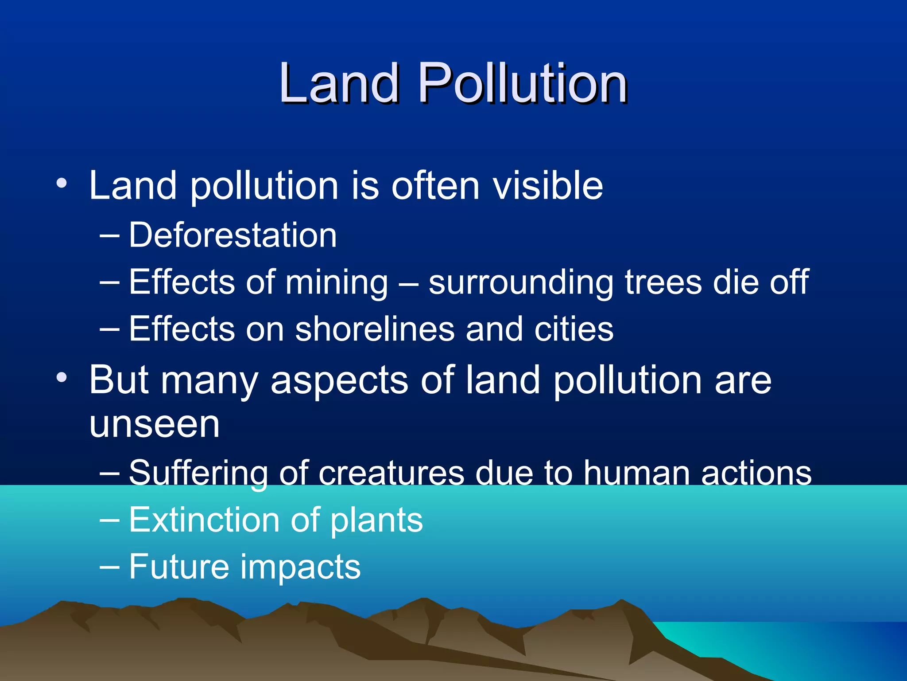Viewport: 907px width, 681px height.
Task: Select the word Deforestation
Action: tap(233, 235)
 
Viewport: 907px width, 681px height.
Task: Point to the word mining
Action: tap(337, 283)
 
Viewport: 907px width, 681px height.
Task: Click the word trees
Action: tap(663, 282)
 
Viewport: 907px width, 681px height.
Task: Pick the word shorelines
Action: tap(375, 329)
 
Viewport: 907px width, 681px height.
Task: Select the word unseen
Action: tap(154, 424)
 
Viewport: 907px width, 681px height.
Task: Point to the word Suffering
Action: tap(198, 473)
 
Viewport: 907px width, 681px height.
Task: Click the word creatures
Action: tap(391, 473)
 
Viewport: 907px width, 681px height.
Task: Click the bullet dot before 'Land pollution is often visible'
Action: tap(62, 183)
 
